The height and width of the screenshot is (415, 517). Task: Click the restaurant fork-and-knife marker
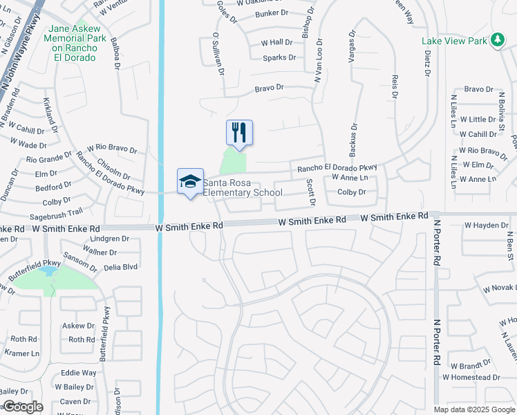point(239,132)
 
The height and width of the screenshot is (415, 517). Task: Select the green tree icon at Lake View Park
point(497,41)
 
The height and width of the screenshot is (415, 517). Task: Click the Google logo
point(23,407)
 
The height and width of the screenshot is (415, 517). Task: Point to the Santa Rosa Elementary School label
point(242,187)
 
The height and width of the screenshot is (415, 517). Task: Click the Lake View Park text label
point(454,41)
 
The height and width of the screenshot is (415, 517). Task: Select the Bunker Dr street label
point(271,13)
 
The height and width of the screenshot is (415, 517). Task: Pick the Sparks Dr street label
point(279,58)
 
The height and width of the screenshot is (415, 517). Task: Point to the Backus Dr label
point(353,138)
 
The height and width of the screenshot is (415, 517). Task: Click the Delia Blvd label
point(120,267)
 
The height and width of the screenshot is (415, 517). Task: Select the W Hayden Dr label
point(486,225)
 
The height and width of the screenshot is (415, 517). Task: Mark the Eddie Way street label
point(79,373)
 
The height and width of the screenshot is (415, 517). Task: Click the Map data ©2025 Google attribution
point(474,409)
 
